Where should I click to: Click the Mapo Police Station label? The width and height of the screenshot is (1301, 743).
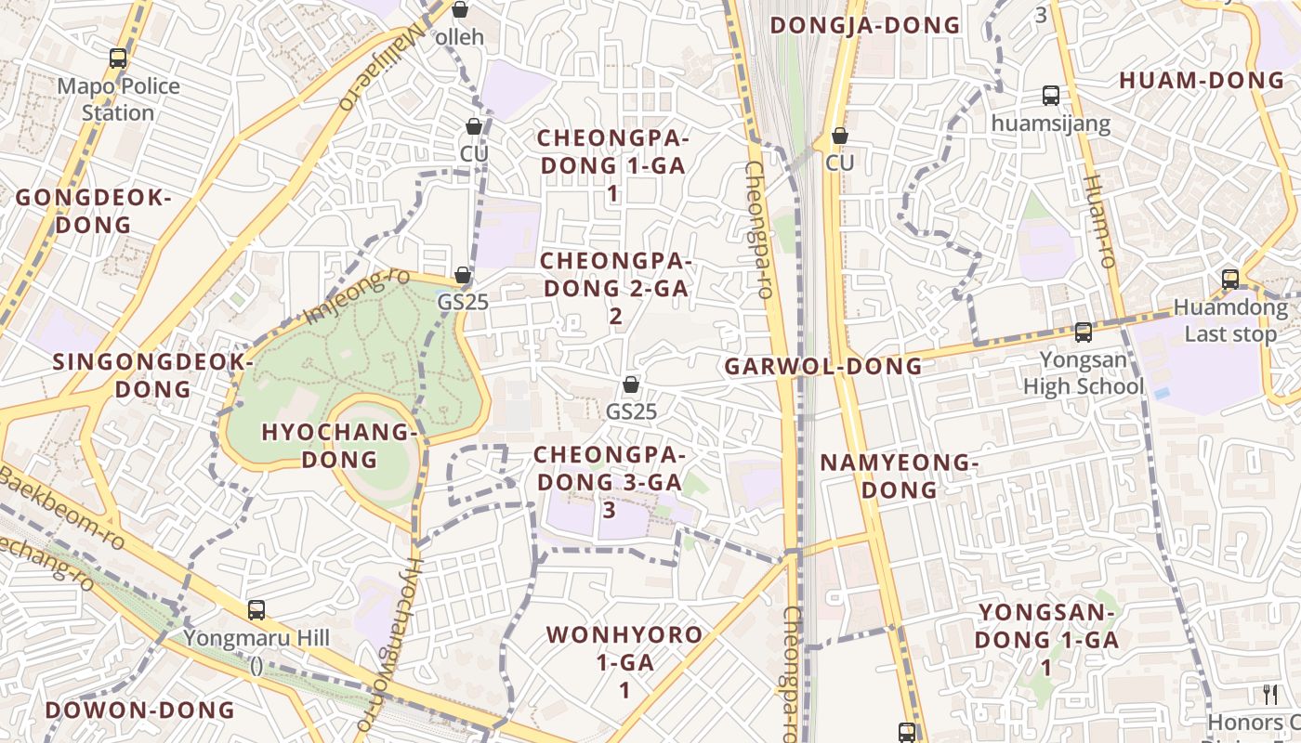(x=118, y=99)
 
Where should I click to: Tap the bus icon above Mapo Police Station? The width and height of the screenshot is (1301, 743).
(x=118, y=59)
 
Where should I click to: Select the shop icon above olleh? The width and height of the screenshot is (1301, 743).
(x=460, y=10)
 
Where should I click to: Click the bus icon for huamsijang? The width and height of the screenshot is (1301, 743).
(x=1051, y=96)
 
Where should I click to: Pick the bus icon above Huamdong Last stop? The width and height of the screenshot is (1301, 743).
(x=1230, y=280)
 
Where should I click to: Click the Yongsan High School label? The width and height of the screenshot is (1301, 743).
(x=1083, y=372)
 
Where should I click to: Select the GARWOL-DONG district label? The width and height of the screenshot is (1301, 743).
(x=823, y=367)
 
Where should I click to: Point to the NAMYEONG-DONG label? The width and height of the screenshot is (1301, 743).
(x=899, y=476)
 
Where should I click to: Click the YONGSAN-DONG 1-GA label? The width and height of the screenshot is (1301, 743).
(x=1045, y=640)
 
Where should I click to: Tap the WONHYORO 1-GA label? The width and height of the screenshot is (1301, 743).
(x=624, y=662)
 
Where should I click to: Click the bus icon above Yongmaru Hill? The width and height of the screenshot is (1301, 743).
(x=256, y=610)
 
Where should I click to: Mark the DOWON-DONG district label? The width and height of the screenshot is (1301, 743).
(x=140, y=710)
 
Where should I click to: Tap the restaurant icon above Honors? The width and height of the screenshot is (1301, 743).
(x=1270, y=694)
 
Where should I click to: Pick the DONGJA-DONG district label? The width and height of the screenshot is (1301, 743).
(x=865, y=25)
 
